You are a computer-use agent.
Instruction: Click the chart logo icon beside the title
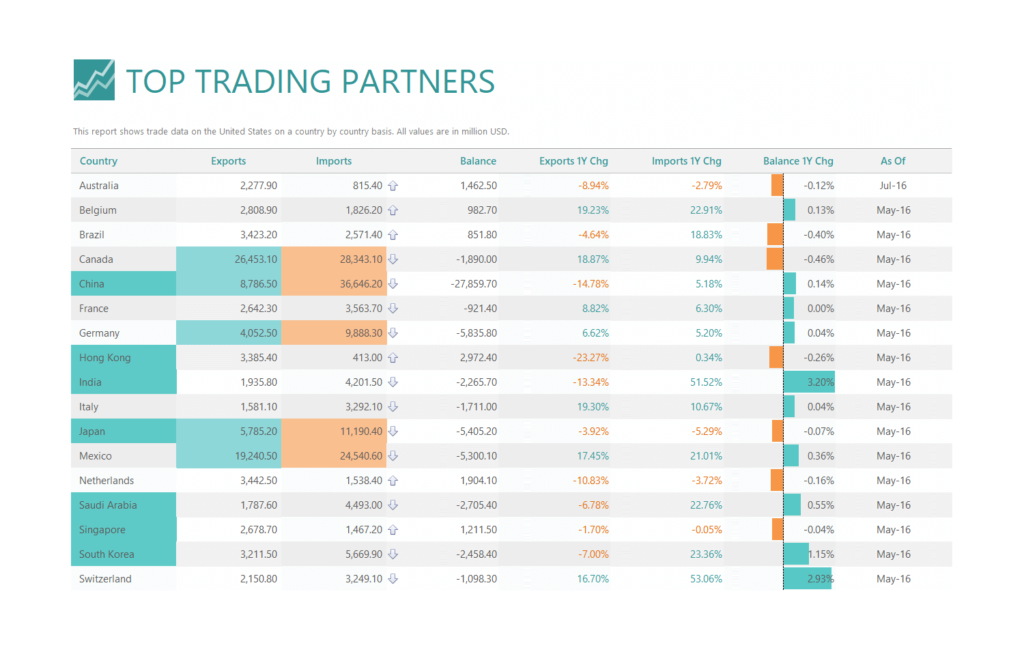(94, 80)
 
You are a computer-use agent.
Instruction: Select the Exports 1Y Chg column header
(573, 161)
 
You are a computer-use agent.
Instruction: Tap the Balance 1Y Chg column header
(798, 161)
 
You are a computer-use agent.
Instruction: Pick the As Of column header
(893, 161)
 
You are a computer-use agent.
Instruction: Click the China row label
(92, 284)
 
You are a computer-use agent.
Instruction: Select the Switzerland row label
(105, 579)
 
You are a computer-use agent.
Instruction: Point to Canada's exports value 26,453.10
(256, 259)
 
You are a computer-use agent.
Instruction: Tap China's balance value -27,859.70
(474, 284)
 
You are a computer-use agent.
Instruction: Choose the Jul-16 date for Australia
(893, 186)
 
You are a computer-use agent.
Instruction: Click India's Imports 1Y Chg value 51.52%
(706, 382)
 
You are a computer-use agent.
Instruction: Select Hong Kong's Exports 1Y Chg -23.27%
(591, 358)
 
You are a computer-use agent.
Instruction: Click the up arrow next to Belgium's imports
(393, 210)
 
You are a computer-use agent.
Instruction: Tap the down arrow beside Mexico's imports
(393, 456)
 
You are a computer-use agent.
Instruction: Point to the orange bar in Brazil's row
(775, 235)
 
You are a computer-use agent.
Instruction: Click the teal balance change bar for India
(808, 382)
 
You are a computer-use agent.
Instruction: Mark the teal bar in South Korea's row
(796, 554)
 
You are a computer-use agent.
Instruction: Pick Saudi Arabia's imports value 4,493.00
(364, 505)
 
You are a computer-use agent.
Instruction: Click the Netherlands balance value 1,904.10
(479, 481)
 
